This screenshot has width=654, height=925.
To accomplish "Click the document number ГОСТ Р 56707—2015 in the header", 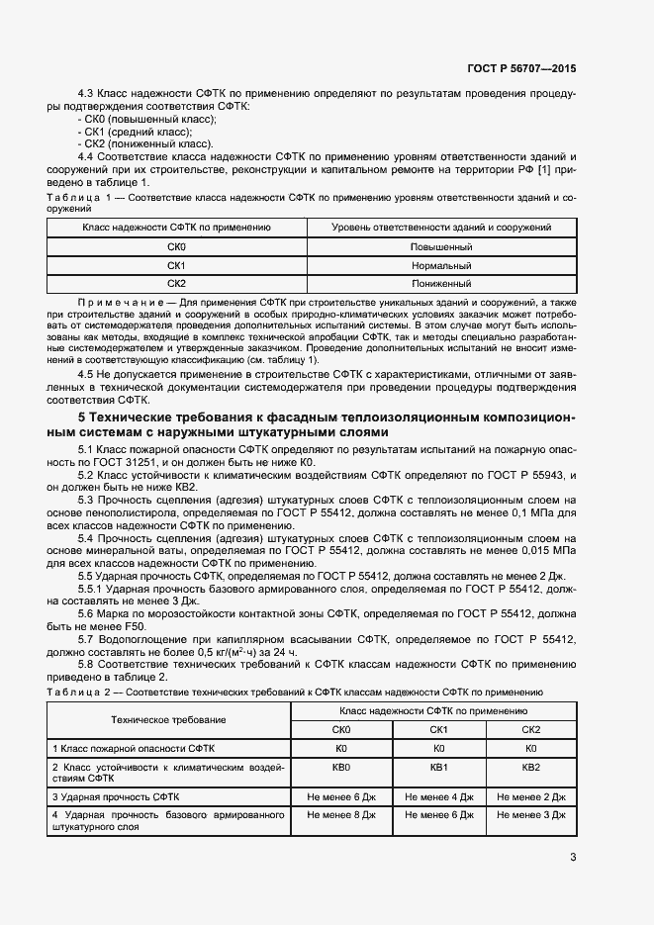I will point(520,69).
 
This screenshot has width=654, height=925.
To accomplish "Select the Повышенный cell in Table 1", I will point(440,247).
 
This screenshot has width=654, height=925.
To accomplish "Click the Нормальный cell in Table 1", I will point(440,266).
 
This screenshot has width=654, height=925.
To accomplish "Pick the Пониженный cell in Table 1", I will point(440,284).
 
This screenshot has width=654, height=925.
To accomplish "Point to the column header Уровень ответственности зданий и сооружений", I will point(440,228).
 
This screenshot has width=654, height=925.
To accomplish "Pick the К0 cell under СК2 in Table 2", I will point(530,749).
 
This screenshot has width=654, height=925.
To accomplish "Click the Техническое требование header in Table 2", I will point(168,720).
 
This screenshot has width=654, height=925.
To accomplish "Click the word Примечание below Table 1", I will point(120,300).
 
